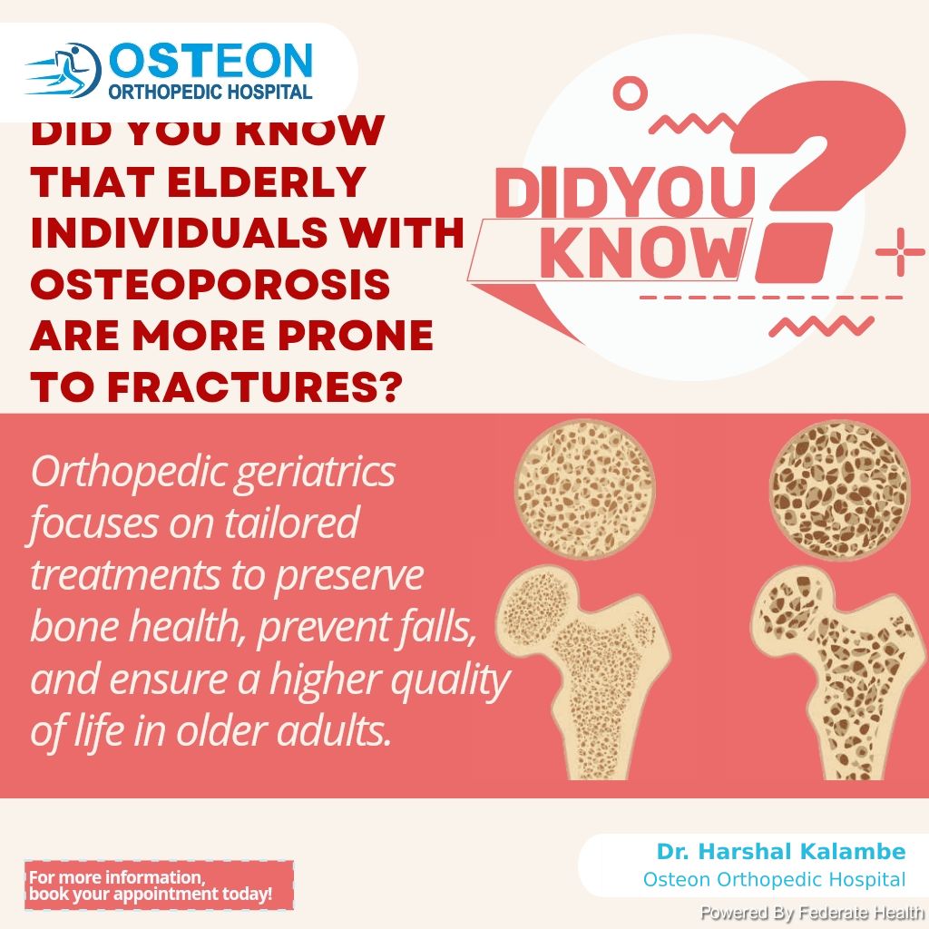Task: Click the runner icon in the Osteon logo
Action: point(64,70)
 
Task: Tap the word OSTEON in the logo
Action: point(210,61)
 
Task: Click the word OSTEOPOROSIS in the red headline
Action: point(210,284)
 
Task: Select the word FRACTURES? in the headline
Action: point(255,387)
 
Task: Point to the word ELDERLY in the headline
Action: point(267,181)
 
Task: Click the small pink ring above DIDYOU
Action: point(630,93)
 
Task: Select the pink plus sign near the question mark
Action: point(900,252)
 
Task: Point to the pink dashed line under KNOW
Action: point(771,298)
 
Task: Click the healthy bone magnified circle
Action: point(585,489)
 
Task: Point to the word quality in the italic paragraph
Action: point(450,680)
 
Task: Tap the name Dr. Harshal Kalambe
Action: point(781,851)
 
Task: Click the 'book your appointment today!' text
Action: point(151,894)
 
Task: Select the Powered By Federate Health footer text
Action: point(812,913)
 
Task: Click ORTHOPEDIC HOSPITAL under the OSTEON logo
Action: point(210,92)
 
